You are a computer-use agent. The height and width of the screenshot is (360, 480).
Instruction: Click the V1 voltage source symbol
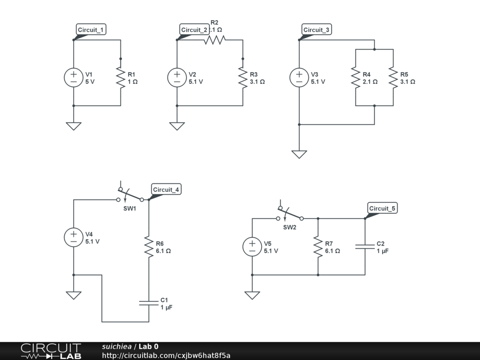pos(74,77)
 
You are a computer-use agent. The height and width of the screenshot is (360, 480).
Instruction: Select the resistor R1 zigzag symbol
pos(120,77)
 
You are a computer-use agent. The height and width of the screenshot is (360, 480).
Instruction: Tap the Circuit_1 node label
pos(91,30)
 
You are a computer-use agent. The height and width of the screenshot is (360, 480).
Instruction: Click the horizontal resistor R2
pos(214,40)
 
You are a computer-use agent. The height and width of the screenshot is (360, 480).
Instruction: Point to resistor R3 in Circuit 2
pos(243,77)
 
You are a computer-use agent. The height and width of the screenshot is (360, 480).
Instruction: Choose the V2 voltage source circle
pos(177,77)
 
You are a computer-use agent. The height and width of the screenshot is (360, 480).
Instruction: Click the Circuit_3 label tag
pos(316,30)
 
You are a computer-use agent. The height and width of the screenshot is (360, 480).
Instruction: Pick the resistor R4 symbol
pos(356,77)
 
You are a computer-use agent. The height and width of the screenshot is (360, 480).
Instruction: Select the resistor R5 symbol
pos(393,77)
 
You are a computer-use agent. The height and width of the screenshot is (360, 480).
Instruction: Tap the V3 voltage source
pos(299,77)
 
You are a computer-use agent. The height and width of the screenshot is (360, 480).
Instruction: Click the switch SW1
pos(130,195)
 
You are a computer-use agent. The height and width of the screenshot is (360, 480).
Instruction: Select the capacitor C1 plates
pos(149,303)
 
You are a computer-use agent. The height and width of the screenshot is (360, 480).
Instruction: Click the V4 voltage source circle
pos(74,237)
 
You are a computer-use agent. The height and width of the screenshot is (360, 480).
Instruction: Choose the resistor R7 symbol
pos(318,247)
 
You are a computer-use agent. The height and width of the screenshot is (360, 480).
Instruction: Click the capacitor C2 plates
pos(365,247)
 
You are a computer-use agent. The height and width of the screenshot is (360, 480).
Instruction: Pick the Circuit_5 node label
pos(382,209)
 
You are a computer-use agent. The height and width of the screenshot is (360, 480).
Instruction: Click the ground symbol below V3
pos(299,154)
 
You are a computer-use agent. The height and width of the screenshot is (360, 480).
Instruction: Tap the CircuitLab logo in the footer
pos(51,351)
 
